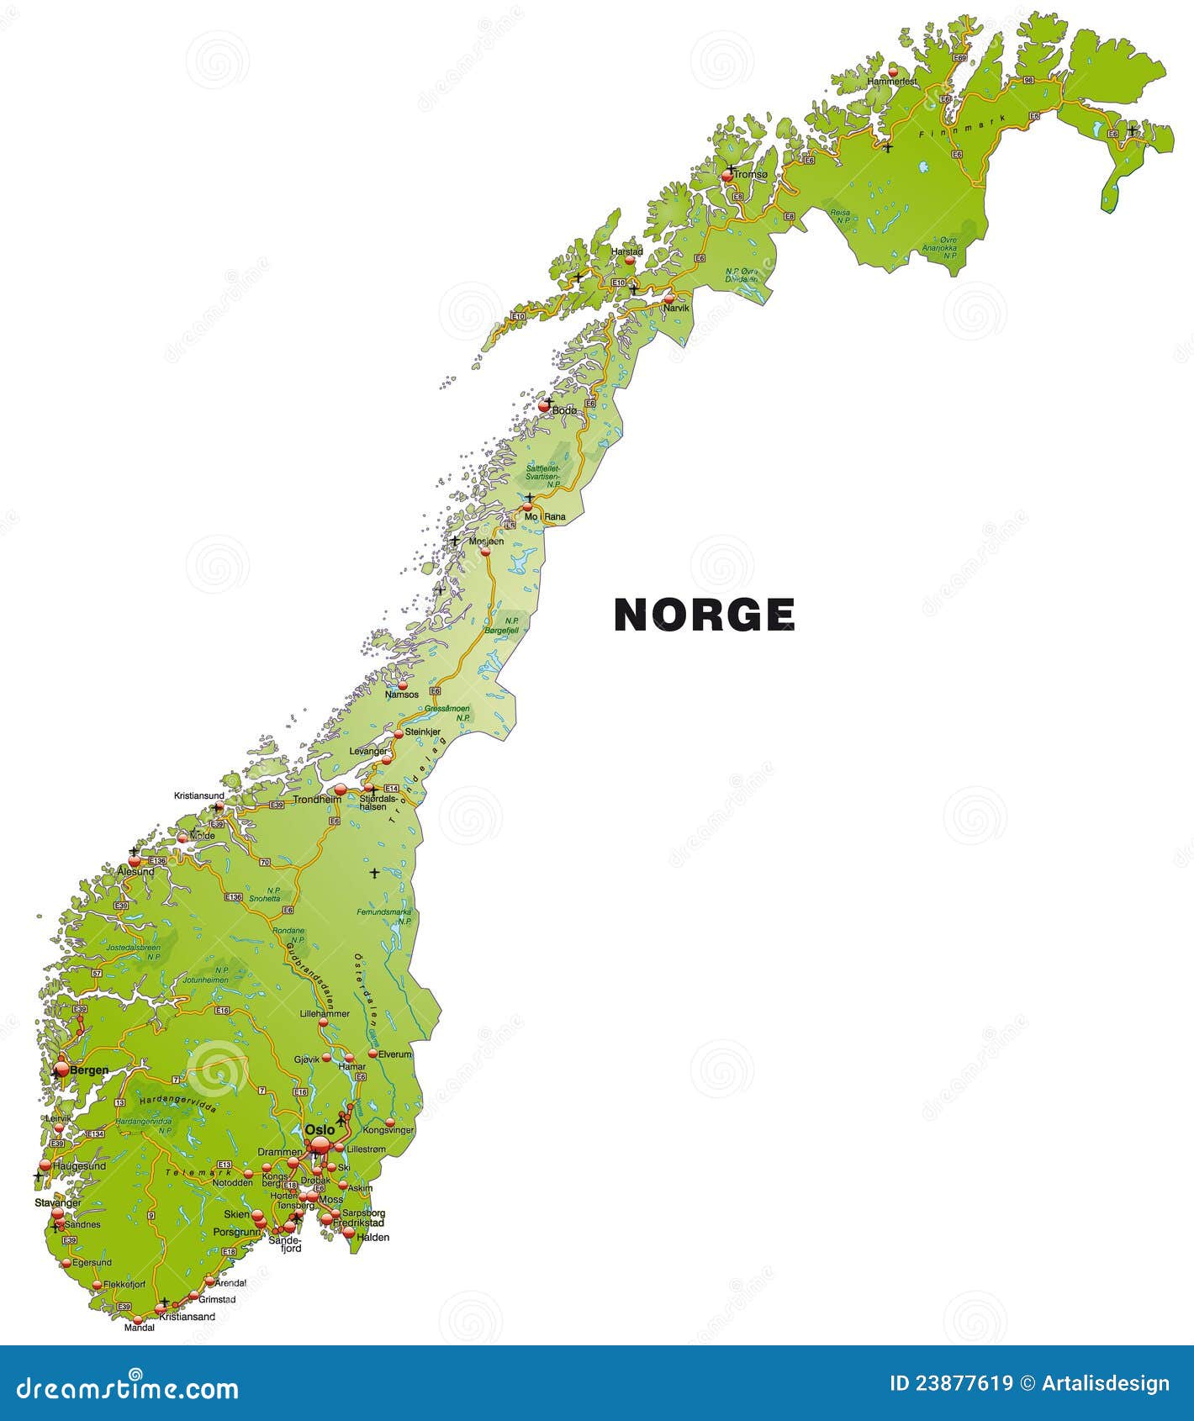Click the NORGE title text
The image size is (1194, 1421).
[705, 615]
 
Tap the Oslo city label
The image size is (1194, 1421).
[320, 1129]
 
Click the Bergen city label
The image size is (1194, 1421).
[89, 1070]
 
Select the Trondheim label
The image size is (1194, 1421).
[317, 800]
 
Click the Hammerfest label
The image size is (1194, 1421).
[892, 82]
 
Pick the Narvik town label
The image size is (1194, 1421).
[676, 309]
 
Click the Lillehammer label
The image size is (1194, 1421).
[325, 1014]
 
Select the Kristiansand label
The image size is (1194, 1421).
[188, 1317]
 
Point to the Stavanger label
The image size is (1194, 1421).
[58, 1203]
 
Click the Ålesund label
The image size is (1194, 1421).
[135, 872]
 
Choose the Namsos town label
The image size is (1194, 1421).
[402, 695]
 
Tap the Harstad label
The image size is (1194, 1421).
[627, 251]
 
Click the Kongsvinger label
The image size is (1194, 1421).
[388, 1130]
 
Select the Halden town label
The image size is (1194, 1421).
[373, 1237]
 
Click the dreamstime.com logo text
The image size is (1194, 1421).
[128, 1388]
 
